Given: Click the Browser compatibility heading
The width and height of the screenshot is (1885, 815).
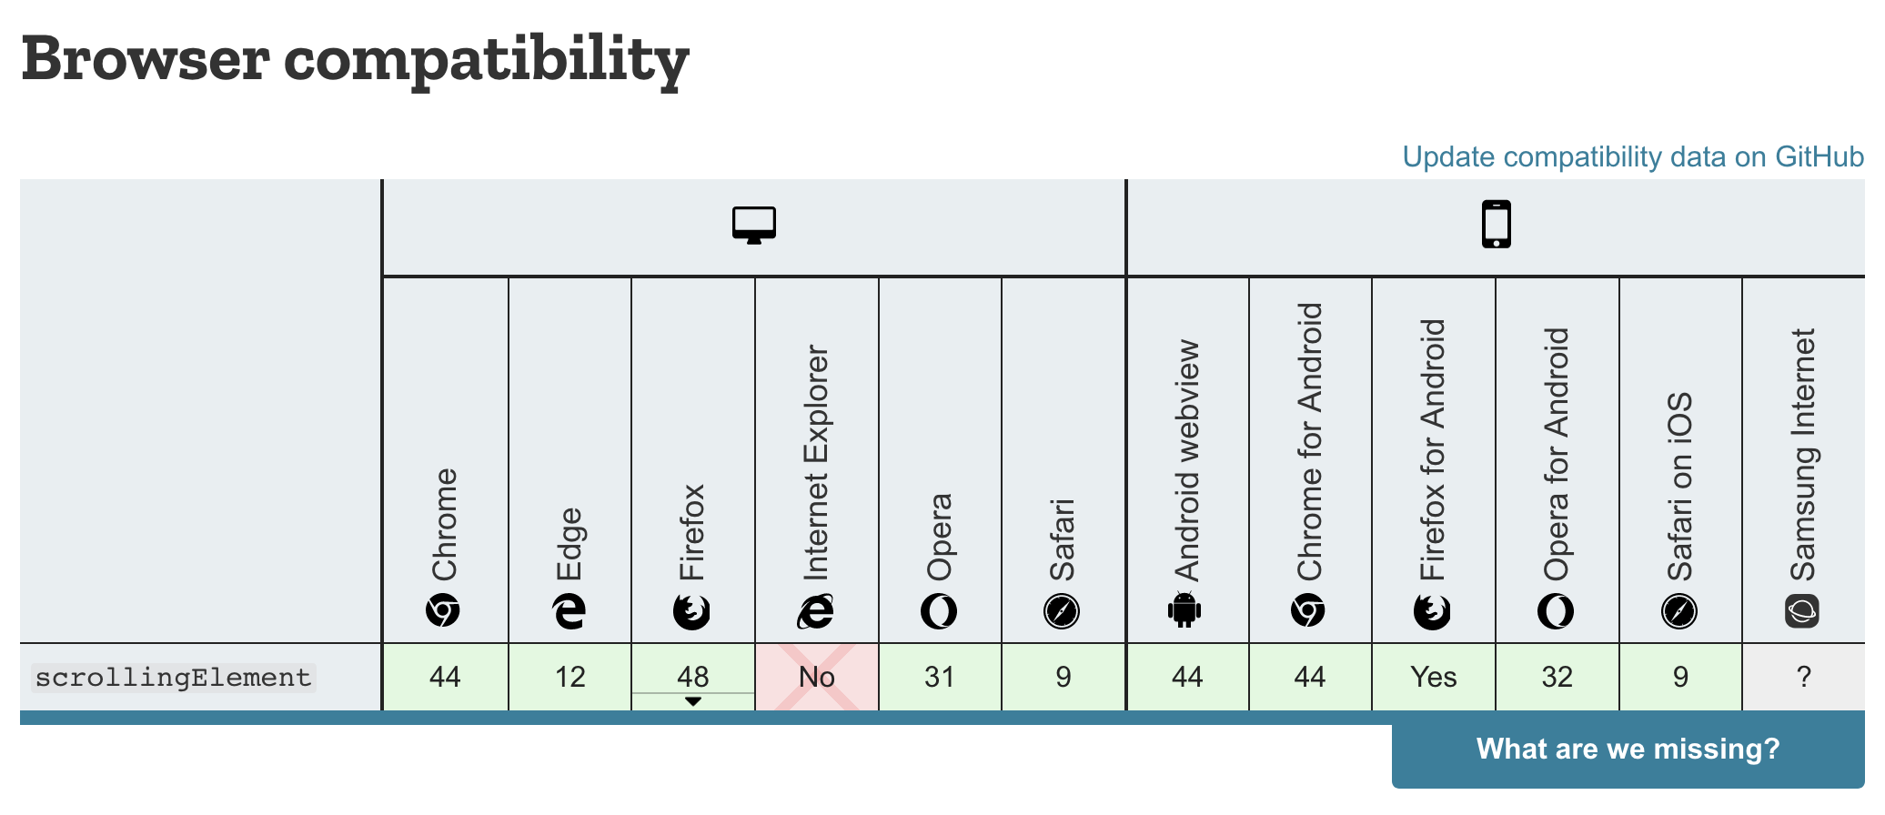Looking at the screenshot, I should click(355, 60).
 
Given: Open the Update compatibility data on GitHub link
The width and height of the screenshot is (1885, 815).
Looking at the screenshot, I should click(1632, 156).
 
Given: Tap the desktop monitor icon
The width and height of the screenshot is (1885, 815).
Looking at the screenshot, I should click(754, 225).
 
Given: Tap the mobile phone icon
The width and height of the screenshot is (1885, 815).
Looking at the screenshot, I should click(1496, 225).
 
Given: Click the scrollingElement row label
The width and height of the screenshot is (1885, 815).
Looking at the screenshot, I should click(173, 678).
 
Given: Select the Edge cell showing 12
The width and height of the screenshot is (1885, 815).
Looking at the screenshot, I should click(570, 677).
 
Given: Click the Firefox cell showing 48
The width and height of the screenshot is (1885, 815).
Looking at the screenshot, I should click(693, 676).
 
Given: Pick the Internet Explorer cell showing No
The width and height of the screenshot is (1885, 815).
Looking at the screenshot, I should click(817, 677).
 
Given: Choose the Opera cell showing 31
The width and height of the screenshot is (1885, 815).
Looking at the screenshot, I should click(940, 677).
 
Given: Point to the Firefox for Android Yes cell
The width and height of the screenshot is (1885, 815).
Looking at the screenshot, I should click(1434, 677).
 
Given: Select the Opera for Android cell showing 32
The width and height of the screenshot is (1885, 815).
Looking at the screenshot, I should click(1557, 677).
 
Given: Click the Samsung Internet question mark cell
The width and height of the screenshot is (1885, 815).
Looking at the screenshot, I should click(1804, 677).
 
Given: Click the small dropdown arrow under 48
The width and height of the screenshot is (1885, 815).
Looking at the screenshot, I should click(693, 701).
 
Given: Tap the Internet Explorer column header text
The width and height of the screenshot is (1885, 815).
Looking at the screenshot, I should click(816, 462).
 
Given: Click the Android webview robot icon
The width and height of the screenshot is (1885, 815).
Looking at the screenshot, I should click(1184, 610).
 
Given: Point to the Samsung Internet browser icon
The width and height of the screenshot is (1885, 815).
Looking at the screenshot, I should click(1802, 611).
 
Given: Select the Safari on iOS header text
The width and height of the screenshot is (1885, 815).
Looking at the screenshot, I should click(1679, 487).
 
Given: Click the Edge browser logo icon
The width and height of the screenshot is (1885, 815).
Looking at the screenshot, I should click(570, 611).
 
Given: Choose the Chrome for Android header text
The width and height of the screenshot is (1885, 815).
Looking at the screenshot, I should click(1309, 442).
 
